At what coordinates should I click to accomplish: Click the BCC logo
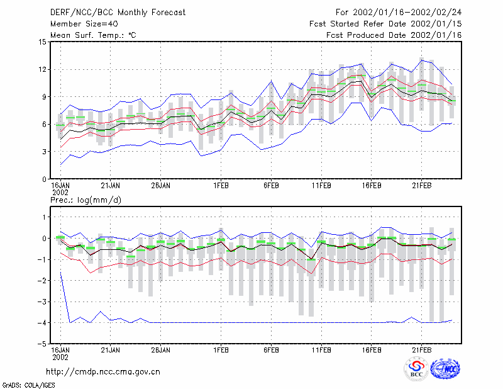tap(416, 369)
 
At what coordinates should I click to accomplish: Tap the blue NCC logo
tap(445, 368)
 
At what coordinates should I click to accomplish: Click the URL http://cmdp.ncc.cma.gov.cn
tap(103, 372)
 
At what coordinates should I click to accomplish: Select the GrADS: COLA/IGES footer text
tap(28, 385)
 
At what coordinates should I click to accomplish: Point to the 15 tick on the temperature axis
tap(43, 42)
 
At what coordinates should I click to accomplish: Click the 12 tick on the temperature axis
tap(43, 69)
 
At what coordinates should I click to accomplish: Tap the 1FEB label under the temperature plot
tap(221, 186)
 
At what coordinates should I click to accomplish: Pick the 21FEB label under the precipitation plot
tap(421, 350)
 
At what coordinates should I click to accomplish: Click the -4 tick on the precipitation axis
tap(42, 322)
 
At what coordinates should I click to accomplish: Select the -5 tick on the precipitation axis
tap(42, 344)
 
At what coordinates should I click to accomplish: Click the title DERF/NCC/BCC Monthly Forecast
tap(118, 13)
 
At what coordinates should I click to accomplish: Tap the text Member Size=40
tap(84, 24)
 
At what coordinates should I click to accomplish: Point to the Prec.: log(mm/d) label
tap(86, 200)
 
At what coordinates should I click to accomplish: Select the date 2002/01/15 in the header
tap(436, 24)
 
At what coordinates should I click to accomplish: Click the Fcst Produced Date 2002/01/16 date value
tap(436, 35)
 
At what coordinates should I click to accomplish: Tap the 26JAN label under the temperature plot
tap(161, 186)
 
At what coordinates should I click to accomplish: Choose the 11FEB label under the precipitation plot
tap(321, 350)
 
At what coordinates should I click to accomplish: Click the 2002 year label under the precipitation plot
tap(60, 357)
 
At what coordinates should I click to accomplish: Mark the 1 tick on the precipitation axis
tap(44, 217)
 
